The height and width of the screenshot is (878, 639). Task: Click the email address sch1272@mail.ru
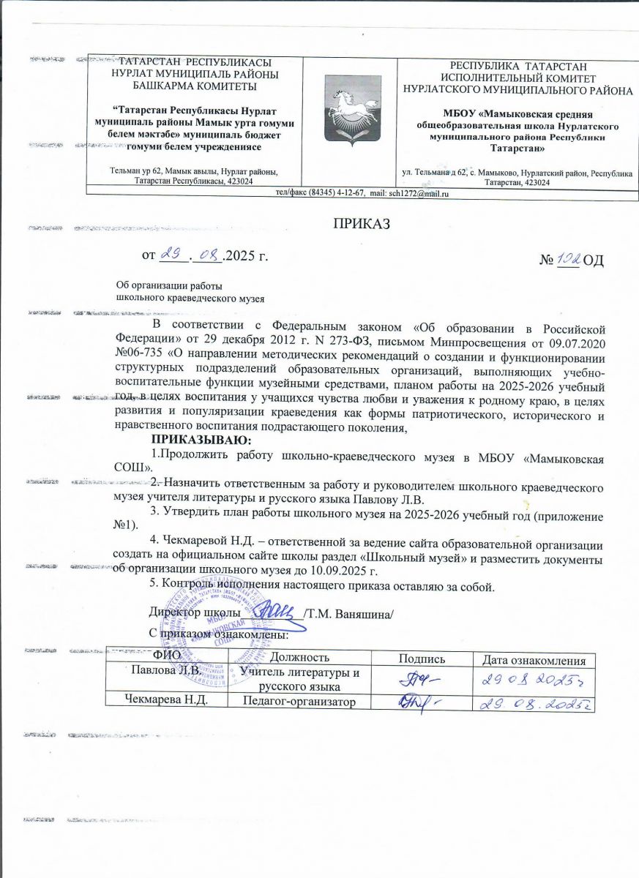tap(418, 193)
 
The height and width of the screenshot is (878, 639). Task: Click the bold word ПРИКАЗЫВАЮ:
tap(201, 440)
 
